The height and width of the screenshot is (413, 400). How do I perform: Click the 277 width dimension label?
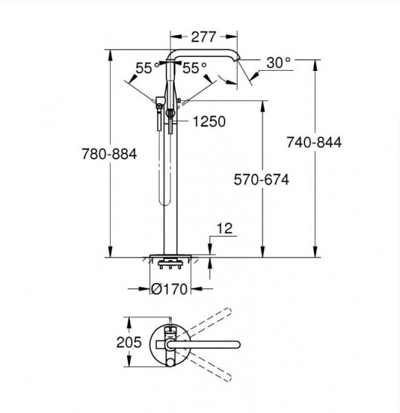tap(203, 37)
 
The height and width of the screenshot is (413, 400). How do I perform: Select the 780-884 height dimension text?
tap(109, 153)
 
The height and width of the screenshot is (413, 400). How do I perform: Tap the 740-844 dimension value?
tap(314, 142)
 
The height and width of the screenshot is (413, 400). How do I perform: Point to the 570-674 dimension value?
tap(262, 180)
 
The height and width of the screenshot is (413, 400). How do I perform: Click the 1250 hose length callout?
tap(209, 121)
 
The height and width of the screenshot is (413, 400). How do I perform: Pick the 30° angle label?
tap(278, 63)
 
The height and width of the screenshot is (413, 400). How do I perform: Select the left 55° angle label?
tap(147, 68)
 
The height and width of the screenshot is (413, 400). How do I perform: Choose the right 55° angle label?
tap(195, 68)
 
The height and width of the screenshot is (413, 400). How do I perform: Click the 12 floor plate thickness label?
tap(224, 228)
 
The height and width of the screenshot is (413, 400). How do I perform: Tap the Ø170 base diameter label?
tap(169, 289)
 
